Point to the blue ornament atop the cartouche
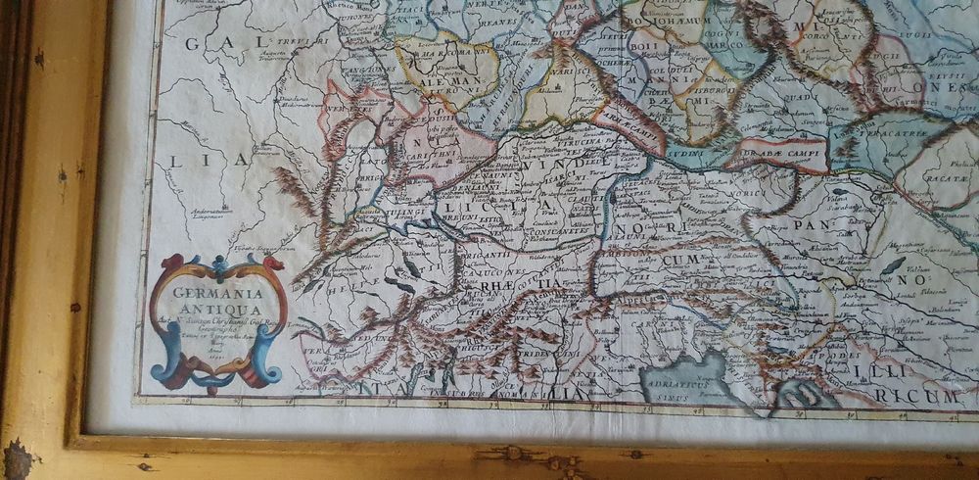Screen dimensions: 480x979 (217, 262)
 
